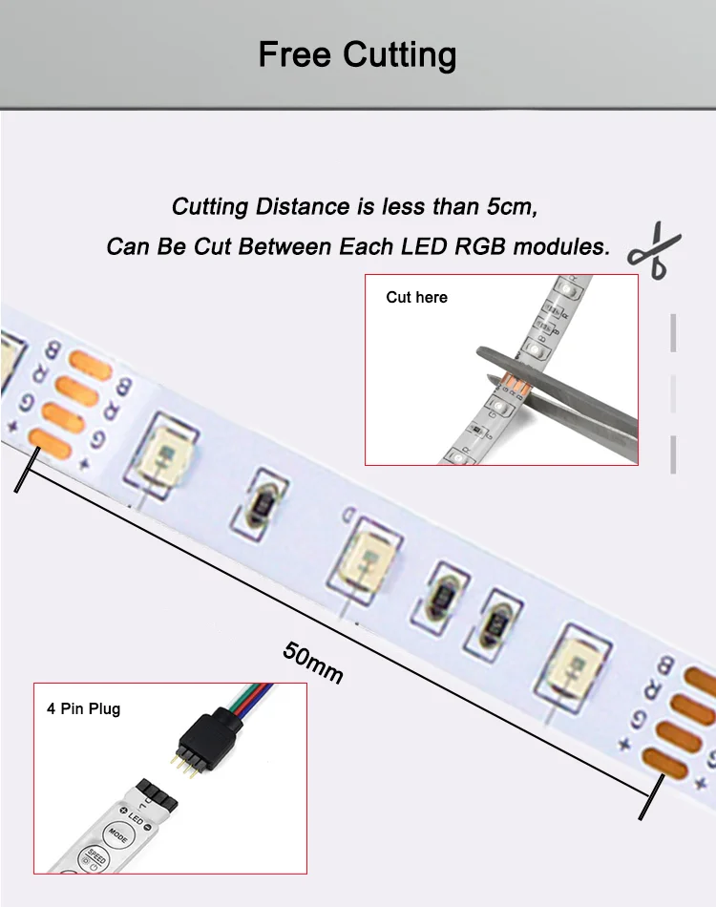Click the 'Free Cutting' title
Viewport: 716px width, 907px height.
(357, 53)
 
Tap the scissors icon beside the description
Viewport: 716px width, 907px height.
(654, 251)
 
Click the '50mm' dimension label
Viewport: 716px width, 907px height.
(312, 661)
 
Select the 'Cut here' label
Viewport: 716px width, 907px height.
(416, 298)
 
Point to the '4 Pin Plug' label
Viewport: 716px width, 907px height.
(84, 708)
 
